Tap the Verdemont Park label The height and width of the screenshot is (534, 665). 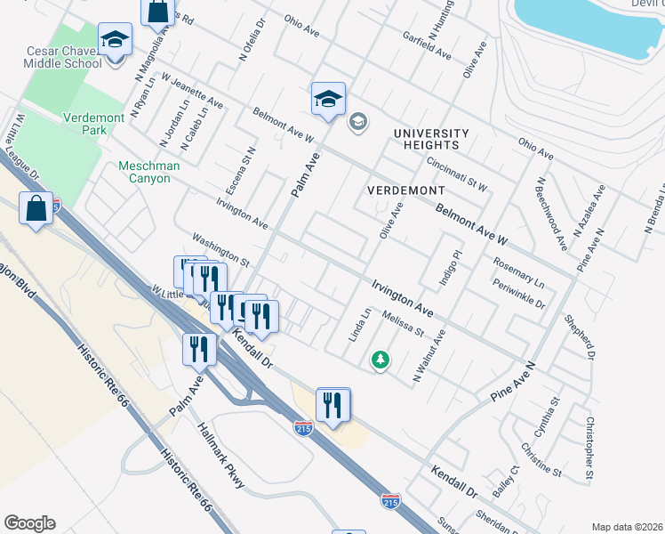(97, 124)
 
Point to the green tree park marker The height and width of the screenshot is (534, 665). (381, 360)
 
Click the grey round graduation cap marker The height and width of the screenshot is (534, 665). (358, 121)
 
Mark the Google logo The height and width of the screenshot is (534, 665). (29, 523)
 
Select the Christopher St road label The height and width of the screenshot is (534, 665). (588, 450)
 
